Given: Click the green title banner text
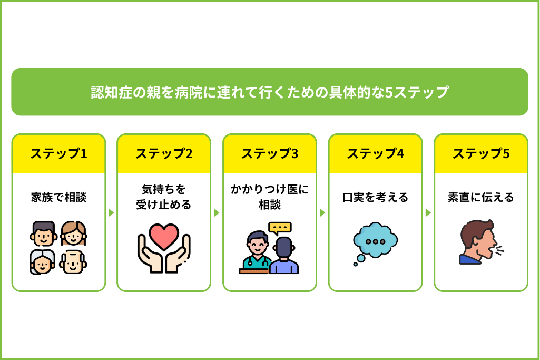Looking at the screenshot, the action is pos(270,92).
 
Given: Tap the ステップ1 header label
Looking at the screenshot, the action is pos(59,154).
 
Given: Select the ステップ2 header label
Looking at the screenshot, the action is pos(164,154).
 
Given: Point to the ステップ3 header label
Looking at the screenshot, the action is pos(270,154).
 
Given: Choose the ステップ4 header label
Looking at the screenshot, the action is pos(376,154).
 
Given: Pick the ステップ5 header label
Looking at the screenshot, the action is pos(481,154).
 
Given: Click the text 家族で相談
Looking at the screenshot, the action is pos(59,198).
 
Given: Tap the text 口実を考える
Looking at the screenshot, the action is pos(376,198).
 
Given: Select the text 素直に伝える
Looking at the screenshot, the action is pos(481,198).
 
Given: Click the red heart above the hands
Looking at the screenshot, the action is pos(164,236).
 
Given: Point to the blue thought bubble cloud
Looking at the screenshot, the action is pos(376,240).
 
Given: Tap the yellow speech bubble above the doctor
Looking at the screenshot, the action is pos(280,228).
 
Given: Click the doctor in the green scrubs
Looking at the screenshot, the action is pos(256,251).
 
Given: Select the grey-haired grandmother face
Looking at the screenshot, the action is pos(42,262).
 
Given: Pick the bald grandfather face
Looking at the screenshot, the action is pos(73,262).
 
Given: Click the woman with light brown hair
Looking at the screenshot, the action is pos(73,233).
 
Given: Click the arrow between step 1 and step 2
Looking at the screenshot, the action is pos(111,212).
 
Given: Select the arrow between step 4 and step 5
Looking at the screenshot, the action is pos(428,212).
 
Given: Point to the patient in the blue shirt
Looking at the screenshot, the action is pos(284,256).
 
